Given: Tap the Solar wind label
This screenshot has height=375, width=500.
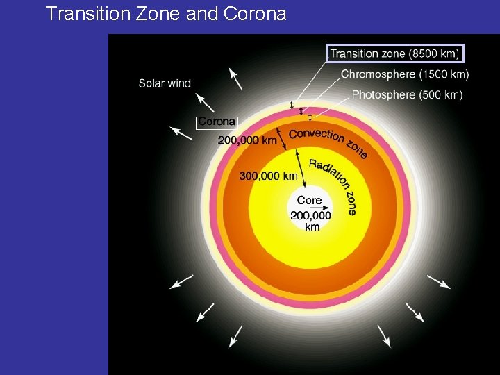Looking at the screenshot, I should click(165, 83).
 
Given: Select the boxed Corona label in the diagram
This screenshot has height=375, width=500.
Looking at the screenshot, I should click(217, 122).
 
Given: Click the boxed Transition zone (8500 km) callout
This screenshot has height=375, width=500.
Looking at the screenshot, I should click(394, 53).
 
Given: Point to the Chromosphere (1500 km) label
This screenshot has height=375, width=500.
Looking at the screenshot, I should click(405, 74).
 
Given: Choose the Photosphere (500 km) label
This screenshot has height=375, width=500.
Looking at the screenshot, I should click(407, 94).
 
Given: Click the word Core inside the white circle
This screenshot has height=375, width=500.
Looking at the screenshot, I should click(309, 200).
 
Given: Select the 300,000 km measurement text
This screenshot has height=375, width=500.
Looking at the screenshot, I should click(268, 176).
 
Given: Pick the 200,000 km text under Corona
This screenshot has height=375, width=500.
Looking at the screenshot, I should click(247, 140).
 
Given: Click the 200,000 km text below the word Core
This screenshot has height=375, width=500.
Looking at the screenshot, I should click(310, 221).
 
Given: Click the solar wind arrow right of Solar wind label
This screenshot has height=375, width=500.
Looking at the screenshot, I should click(236, 79).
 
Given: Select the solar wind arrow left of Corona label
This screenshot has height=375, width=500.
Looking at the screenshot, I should click(181, 133).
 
